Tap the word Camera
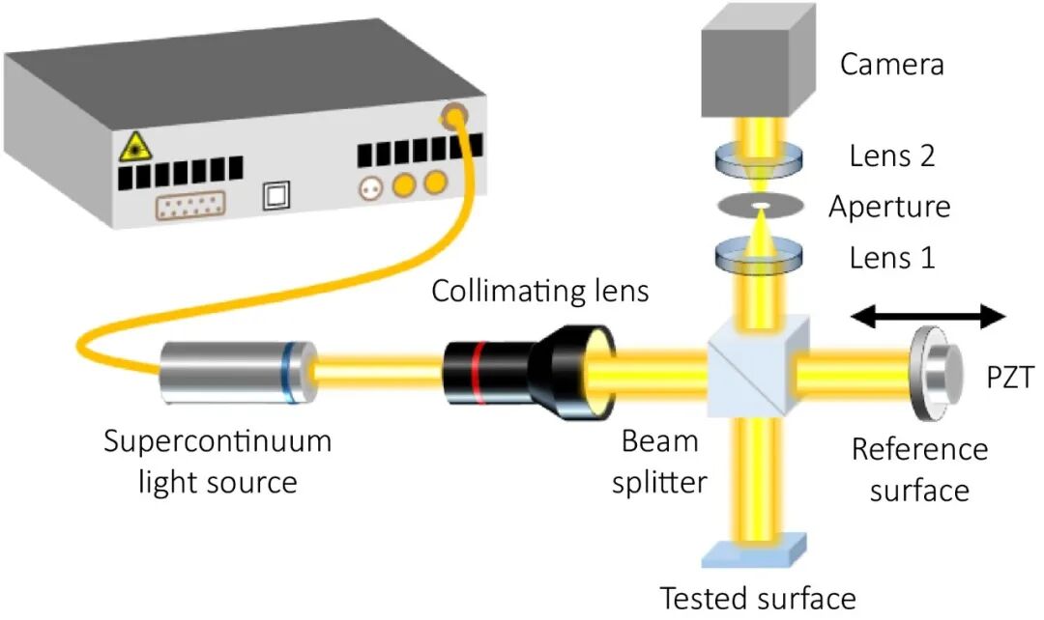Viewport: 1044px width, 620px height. pos(891,65)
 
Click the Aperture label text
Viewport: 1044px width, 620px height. pos(889,207)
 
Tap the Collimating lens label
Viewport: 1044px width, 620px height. pos(540,291)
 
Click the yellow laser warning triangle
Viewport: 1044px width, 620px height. pos(131,149)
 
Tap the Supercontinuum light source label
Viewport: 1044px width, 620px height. pos(217,461)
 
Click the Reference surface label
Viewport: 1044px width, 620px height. pos(919,469)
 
